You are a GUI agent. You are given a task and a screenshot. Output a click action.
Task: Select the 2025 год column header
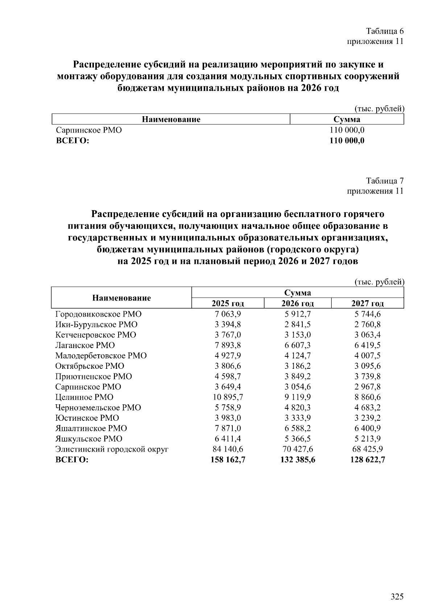228,303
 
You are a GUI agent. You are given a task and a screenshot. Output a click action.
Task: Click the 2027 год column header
368,303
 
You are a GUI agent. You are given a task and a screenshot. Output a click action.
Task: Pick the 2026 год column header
298,303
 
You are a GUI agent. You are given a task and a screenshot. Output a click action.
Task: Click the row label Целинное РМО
84,397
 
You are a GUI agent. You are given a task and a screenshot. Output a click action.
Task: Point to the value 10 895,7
228,397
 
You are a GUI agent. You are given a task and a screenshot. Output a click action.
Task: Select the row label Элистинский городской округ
112,449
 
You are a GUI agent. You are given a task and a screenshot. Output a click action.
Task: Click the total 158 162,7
228,460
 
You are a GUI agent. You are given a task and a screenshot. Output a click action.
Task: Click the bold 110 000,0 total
347,141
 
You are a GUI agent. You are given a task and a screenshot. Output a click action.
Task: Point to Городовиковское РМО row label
99,314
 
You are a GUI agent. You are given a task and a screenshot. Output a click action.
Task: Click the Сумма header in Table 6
347,119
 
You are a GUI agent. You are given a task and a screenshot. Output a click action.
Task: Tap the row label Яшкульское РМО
89,439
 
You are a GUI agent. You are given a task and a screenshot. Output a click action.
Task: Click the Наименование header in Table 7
121,298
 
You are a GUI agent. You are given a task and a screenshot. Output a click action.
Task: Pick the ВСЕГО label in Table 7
72,460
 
